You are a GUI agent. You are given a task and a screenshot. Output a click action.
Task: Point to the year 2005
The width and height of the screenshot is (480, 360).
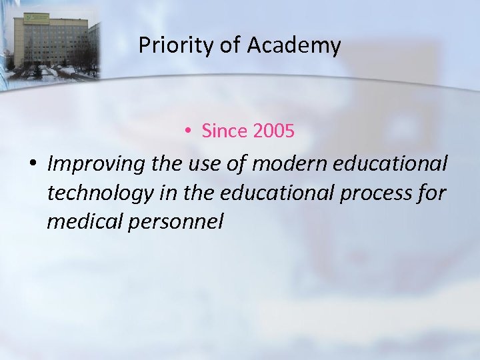(x=273, y=131)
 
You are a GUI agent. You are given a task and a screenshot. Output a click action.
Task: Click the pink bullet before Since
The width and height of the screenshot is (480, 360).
(x=189, y=132)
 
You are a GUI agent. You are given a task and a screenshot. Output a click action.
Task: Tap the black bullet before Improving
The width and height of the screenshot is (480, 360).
(x=31, y=164)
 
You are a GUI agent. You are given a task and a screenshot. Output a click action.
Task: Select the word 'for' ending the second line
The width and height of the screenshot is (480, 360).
(x=433, y=193)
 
